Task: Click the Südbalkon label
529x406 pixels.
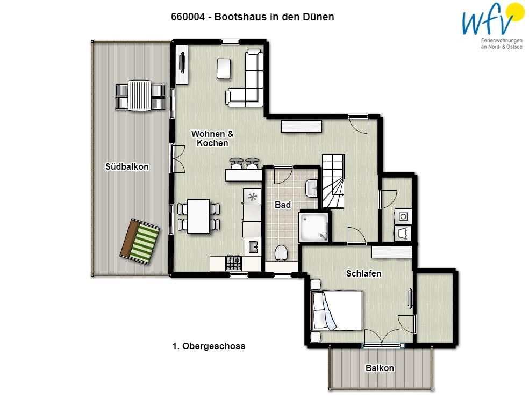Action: point(127,166)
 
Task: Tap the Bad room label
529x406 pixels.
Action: point(283,205)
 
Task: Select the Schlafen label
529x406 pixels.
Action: point(363,273)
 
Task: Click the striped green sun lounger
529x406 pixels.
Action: point(140,241)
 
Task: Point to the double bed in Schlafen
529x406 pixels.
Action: point(338,310)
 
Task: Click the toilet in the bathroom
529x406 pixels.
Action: point(281,253)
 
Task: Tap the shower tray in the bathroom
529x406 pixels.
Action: point(314,227)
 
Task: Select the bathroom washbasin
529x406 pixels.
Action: point(312,189)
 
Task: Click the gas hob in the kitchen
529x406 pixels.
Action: point(233,263)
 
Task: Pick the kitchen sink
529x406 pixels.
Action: point(253,247)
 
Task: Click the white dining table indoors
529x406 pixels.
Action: point(199,216)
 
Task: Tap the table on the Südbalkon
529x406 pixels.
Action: point(140,96)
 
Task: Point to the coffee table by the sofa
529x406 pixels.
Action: point(224,69)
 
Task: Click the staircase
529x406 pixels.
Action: point(333,182)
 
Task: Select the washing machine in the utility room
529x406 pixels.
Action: point(403,216)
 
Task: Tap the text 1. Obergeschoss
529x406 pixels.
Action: point(209,346)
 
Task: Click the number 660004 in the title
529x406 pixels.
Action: point(188,17)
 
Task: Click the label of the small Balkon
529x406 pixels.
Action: point(380,368)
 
